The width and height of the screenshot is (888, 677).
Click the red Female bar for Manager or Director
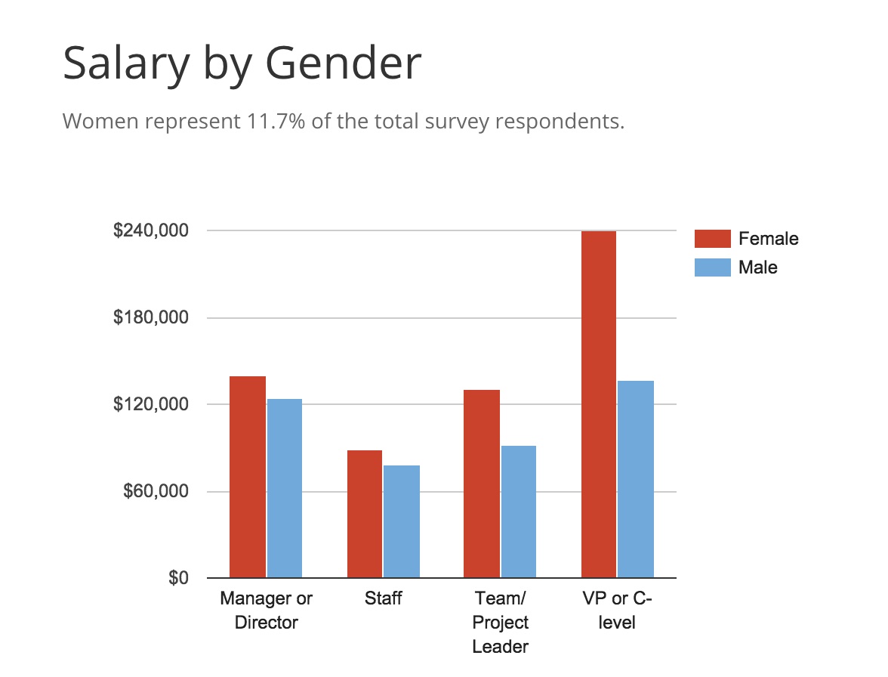click(x=248, y=477)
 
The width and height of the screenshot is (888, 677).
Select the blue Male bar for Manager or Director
click(x=285, y=488)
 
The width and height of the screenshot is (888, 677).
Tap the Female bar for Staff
click(x=365, y=514)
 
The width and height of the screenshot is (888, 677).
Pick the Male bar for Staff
click(x=402, y=521)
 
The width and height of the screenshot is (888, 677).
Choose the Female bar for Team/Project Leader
click(x=482, y=484)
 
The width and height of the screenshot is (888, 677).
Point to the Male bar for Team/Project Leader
click(x=519, y=512)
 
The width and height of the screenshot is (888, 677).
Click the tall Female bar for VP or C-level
click(x=599, y=404)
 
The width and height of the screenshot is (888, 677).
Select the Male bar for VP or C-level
click(x=636, y=479)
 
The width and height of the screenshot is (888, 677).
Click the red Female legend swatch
click(x=712, y=239)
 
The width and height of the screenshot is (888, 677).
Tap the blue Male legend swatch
click(x=712, y=267)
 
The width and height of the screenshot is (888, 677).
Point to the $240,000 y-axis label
click(x=150, y=230)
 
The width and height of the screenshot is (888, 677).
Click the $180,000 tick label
click(x=150, y=317)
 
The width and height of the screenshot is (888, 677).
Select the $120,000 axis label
click(x=150, y=404)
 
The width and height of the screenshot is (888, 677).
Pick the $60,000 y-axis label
click(x=154, y=491)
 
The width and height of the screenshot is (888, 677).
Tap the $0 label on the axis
click(x=177, y=579)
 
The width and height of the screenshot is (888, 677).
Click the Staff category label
click(x=383, y=599)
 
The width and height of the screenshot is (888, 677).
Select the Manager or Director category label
click(x=267, y=611)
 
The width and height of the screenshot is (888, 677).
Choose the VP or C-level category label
click(x=618, y=611)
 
